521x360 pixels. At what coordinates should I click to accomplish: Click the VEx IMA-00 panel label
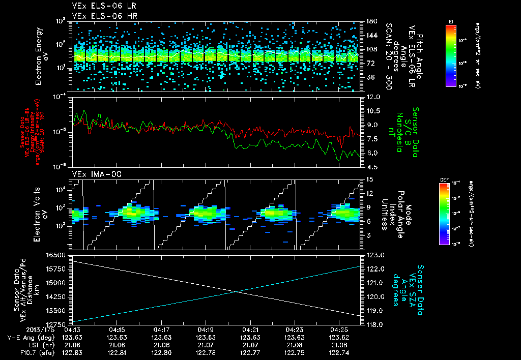92,174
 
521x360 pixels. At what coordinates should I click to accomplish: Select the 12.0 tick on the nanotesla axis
370,97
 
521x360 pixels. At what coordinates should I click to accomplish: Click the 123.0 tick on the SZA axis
372,255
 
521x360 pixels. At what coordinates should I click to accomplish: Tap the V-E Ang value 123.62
339,337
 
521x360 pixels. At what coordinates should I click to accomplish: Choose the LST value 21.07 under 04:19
206,344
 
